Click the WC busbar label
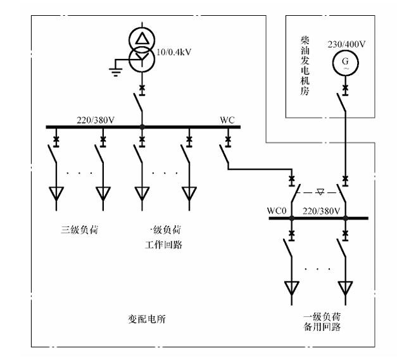[227, 120]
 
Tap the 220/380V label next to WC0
[322, 211]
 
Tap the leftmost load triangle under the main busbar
[57, 194]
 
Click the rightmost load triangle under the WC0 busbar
[345, 289]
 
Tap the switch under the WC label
[225, 154]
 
